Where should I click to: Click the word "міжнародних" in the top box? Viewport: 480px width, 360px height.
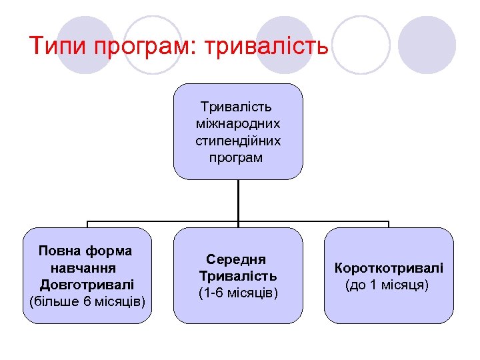(x=238, y=123)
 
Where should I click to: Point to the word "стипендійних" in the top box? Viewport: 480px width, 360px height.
(x=238, y=141)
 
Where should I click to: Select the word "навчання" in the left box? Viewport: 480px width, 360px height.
(x=83, y=268)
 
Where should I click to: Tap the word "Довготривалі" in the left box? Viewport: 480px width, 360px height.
(x=87, y=285)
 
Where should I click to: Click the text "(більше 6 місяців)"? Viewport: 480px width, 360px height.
(x=88, y=302)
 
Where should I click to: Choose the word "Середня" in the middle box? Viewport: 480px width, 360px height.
(x=236, y=259)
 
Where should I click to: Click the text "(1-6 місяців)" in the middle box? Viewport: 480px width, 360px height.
(x=238, y=293)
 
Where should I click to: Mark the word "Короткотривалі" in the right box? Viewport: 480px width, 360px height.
(x=389, y=268)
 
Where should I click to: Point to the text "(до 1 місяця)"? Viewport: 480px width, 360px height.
(x=387, y=285)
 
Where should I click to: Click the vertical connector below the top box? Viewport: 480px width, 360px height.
(x=238, y=200)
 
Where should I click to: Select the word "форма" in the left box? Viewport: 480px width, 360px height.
(x=111, y=251)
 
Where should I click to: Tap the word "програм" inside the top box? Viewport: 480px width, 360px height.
(x=236, y=158)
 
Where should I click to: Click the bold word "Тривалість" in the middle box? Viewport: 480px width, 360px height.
(x=238, y=276)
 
